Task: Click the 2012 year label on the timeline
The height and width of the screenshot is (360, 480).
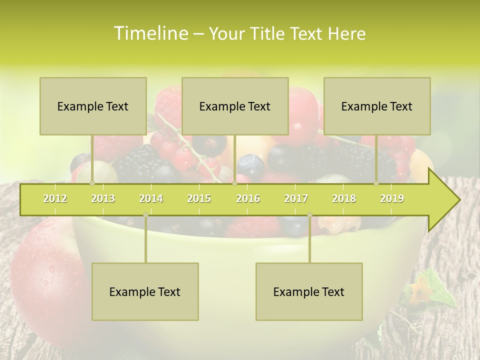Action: (x=55, y=198)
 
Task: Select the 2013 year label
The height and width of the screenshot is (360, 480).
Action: (x=103, y=198)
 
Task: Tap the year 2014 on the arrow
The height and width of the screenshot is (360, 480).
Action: (x=151, y=198)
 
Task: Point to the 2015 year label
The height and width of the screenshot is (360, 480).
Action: (x=199, y=198)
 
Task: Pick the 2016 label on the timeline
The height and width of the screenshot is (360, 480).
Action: (x=248, y=198)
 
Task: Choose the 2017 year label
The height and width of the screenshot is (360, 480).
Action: (x=296, y=198)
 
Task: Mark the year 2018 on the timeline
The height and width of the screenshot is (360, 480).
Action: (x=344, y=198)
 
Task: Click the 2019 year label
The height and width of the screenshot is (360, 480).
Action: (x=392, y=198)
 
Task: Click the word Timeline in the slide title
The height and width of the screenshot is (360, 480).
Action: (x=149, y=33)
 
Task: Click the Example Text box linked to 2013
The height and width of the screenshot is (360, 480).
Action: (x=93, y=106)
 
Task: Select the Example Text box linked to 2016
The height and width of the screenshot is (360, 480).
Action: (x=235, y=106)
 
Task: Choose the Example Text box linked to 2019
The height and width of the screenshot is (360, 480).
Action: (x=377, y=106)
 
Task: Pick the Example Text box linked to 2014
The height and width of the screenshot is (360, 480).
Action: (x=145, y=291)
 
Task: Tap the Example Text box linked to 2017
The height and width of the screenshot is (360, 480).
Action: (x=309, y=291)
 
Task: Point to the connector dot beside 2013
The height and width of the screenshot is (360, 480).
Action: (x=92, y=183)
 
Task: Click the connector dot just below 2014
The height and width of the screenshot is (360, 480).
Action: (x=145, y=215)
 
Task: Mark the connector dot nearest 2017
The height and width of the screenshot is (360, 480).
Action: (x=309, y=215)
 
